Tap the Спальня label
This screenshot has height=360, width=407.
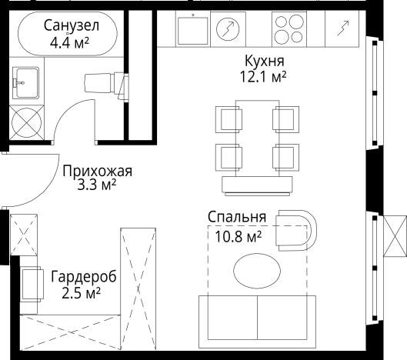click(x=237, y=217)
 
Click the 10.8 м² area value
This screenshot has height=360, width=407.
click(x=237, y=235)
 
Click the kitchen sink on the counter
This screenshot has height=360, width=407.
click(x=192, y=31)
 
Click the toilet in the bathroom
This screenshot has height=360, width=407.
click(x=105, y=80)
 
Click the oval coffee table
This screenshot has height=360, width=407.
click(x=257, y=270)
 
